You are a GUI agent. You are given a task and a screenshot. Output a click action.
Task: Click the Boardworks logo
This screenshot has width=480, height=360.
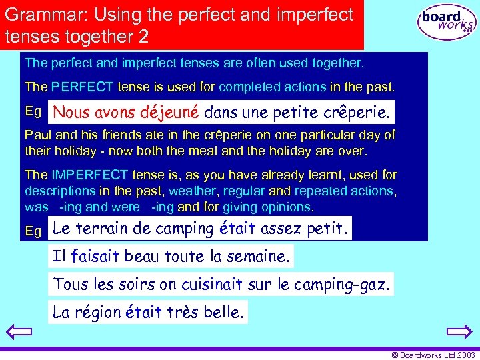(447, 23)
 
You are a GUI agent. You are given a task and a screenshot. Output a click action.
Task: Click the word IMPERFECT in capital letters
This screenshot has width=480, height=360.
(89, 175)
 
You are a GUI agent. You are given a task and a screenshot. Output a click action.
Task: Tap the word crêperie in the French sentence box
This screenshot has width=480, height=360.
(358, 111)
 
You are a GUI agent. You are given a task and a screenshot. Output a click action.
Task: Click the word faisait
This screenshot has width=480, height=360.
(96, 255)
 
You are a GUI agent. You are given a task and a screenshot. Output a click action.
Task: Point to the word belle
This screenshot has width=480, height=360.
(225, 312)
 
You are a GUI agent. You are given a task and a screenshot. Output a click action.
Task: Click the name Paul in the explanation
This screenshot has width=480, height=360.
(37, 135)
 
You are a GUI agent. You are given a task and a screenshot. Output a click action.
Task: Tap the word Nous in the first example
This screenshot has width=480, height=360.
(72, 111)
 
